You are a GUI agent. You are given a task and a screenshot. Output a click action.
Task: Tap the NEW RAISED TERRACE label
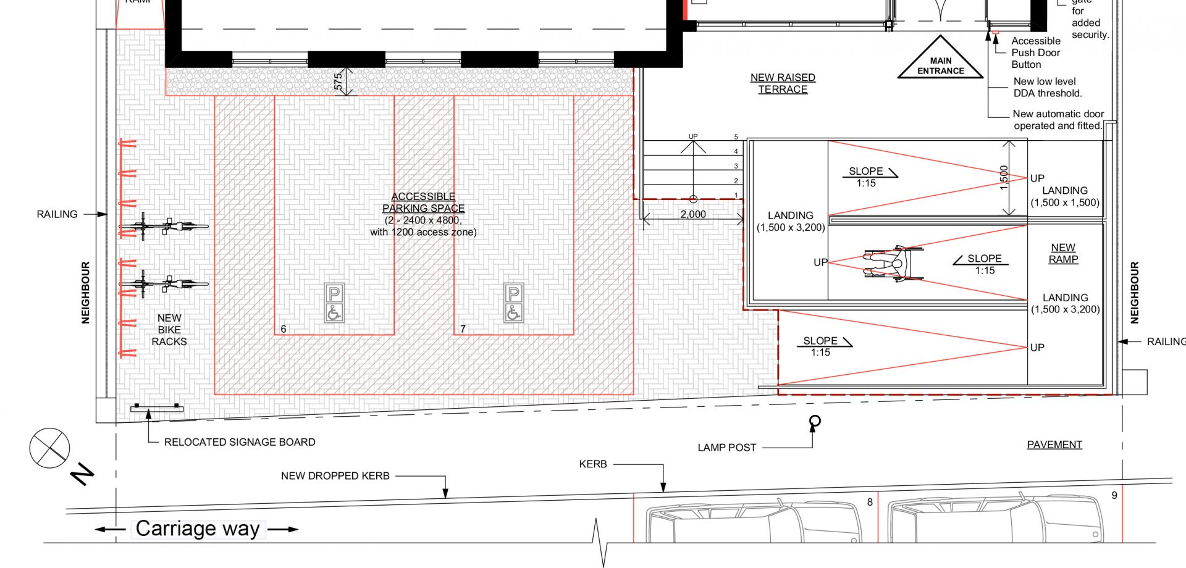[783, 83]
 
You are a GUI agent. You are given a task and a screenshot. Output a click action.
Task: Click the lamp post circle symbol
[815, 422]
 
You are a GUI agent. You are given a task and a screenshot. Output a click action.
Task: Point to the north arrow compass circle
[49, 448]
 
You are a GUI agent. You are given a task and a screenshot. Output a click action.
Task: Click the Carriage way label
[198, 529]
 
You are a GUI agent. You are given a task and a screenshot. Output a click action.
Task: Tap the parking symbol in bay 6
[334, 303]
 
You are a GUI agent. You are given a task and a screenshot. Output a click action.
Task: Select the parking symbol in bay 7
[513, 303]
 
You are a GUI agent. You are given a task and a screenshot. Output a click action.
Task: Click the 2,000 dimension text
[693, 214]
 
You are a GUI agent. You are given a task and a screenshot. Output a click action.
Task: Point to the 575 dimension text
[338, 81]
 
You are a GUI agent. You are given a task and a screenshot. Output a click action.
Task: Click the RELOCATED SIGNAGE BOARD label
[240, 442]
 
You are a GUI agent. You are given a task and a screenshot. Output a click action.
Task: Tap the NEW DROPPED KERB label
[335, 476]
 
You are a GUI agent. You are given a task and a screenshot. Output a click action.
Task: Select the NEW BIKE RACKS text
[169, 330]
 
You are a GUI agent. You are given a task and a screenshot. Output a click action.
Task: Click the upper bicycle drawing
[164, 227]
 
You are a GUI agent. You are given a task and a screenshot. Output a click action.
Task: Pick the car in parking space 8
[754, 525]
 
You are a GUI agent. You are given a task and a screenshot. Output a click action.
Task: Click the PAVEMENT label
[1054, 445]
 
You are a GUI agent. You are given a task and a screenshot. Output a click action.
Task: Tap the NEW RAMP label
[1063, 253]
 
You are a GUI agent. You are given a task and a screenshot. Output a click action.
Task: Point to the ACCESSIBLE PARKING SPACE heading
[423, 203]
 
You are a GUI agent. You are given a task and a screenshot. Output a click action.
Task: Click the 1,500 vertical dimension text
[1004, 177]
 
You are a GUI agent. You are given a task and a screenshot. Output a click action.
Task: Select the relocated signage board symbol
[157, 407]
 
